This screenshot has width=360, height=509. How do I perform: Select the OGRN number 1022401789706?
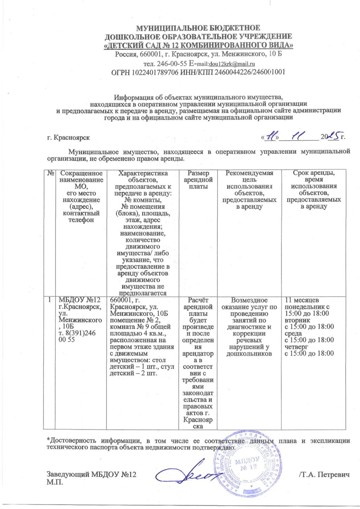pyautogui.click(x=155, y=72)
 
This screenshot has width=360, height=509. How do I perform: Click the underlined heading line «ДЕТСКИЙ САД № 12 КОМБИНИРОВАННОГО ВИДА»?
pyautogui.click(x=198, y=45)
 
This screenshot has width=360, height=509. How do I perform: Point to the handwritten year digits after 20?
pyautogui.click(x=333, y=136)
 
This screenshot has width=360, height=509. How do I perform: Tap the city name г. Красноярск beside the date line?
pyautogui.click(x=68, y=138)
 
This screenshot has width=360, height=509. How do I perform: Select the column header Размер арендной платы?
pyautogui.click(x=198, y=180)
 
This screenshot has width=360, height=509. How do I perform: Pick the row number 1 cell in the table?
pyautogui.click(x=49, y=300)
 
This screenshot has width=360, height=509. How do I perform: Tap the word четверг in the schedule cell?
pyautogui.click(x=297, y=347)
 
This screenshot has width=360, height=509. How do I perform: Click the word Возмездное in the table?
pyautogui.click(x=249, y=300)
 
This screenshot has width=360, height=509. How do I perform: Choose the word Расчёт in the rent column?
pyautogui.click(x=198, y=300)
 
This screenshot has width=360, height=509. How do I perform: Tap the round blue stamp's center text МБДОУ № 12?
pyautogui.click(x=247, y=464)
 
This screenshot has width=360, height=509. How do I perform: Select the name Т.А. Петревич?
pyautogui.click(x=325, y=475)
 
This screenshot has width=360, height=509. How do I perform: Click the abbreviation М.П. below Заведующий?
pyautogui.click(x=55, y=482)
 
